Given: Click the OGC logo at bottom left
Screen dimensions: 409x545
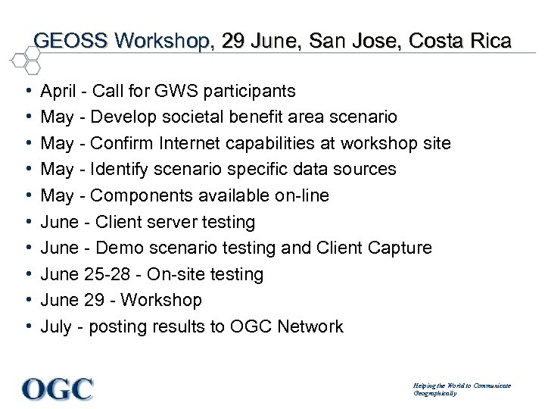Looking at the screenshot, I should (58, 389).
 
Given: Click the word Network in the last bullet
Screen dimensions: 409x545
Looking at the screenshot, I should (310, 327).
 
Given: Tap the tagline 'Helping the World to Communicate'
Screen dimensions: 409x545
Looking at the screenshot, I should (462, 386).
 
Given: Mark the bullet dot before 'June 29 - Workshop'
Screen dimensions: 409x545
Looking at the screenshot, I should (27, 301).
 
